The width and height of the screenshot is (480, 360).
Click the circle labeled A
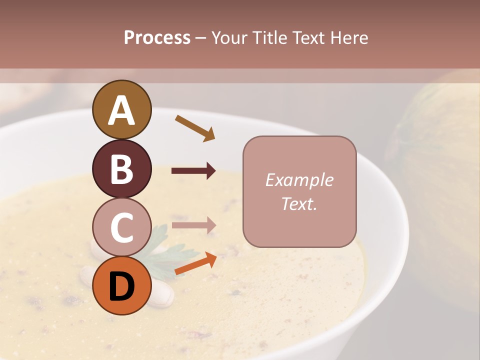pos(121,109)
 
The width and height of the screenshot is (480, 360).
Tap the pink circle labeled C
pos(121,227)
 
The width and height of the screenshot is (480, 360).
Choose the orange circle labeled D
pos(121,285)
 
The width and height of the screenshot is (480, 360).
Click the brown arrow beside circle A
pos(195,127)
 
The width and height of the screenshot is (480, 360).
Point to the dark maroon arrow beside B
pos(193,171)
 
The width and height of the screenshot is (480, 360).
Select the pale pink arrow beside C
pos(193,225)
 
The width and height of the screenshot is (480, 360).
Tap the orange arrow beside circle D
pos(195,264)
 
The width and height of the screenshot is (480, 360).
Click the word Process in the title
pos(157,37)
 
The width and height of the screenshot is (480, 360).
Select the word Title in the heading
pos(269,37)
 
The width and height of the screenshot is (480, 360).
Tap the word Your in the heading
pos(229,37)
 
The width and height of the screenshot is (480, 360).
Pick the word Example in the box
pos(299,180)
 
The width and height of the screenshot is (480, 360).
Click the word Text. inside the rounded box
pos(299,203)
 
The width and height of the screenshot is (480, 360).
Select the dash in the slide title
pos(201,38)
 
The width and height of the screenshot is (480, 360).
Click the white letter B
pos(121,168)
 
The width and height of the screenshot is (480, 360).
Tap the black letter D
pos(121,286)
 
